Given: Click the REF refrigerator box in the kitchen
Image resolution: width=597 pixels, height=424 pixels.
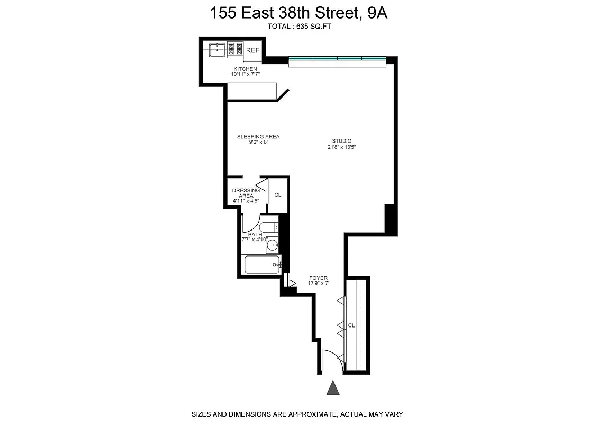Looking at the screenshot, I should point(252,50).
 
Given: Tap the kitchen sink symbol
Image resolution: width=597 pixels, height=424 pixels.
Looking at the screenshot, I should point(217,50).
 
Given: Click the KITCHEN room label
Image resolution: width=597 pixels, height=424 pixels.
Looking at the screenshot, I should point(245,69).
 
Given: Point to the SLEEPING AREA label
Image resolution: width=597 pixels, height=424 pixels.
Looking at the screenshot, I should point(258,137).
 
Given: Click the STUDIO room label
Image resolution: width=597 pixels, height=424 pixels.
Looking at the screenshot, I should point(342,140).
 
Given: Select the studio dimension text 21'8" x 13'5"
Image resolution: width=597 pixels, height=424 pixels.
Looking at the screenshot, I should point(342,147).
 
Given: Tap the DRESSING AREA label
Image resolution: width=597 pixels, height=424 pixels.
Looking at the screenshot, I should point(246,193).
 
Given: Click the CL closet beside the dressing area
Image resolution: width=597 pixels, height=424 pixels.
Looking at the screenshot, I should point(278,195).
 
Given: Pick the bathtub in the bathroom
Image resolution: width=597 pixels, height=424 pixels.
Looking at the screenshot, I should point(262,264).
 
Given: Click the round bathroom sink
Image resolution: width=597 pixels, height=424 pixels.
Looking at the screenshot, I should point(272,245).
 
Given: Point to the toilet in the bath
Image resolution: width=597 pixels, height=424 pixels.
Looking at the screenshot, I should point(269,228).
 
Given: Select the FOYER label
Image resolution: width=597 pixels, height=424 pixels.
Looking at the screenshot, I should point(318,278).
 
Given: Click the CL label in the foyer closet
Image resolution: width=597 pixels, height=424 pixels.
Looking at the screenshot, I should point(351,325).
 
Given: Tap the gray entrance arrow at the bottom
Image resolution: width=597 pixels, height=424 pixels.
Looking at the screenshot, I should point(333,388).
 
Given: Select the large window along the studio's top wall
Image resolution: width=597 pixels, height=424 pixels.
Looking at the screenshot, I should point(337,61).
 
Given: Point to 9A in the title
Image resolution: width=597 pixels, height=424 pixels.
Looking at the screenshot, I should point(375,13).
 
